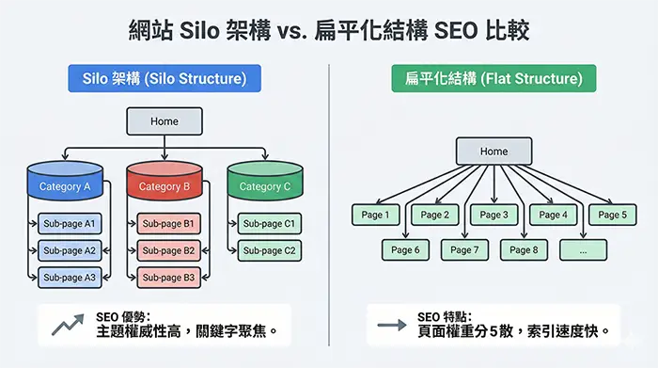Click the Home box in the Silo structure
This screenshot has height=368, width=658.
click(x=164, y=120)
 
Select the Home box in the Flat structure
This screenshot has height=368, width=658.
click(x=493, y=152)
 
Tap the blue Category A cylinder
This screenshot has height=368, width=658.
click(x=65, y=183)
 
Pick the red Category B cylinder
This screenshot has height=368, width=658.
click(x=165, y=183)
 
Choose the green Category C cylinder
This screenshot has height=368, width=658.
click(x=266, y=183)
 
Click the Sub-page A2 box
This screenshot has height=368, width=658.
click(x=70, y=250)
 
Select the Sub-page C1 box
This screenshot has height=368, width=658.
click(x=269, y=224)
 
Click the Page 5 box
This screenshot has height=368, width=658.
click(x=612, y=215)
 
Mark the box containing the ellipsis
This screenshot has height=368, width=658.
click(x=583, y=249)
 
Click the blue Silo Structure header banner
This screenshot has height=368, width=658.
click(x=164, y=79)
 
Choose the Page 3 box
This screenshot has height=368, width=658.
click(x=493, y=215)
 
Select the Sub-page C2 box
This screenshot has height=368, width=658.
click(x=269, y=250)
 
